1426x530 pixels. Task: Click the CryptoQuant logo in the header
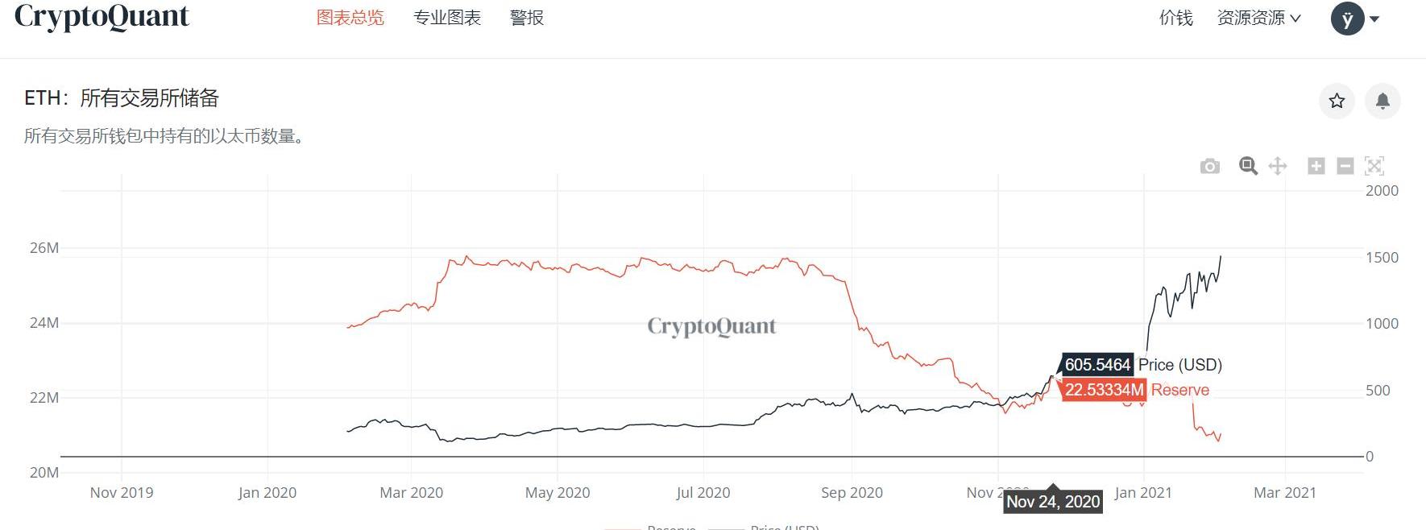[102, 17]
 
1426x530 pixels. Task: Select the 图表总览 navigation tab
[350, 18]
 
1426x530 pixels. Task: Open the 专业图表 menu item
[447, 18]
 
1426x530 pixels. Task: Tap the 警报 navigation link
[527, 18]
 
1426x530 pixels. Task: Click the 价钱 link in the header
[1175, 18]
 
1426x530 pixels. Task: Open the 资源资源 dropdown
[1258, 18]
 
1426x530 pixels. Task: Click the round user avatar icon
[1347, 19]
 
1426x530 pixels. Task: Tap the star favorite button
[1337, 101]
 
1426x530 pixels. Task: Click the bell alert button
[1382, 101]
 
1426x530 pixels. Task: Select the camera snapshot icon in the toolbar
[1209, 167]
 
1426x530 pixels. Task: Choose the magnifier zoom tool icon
[1248, 166]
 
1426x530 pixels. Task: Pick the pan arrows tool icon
[1277, 166]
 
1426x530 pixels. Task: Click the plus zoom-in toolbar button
[1316, 166]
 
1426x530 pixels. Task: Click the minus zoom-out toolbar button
[1345, 166]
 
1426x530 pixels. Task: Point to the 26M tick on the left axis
[44, 248]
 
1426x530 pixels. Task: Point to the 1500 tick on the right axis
[1382, 258]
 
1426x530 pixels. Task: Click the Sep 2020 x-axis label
[852, 492]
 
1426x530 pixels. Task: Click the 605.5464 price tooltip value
[1097, 365]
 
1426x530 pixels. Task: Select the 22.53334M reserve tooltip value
[1104, 390]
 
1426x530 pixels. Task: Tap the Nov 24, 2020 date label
[1053, 502]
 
